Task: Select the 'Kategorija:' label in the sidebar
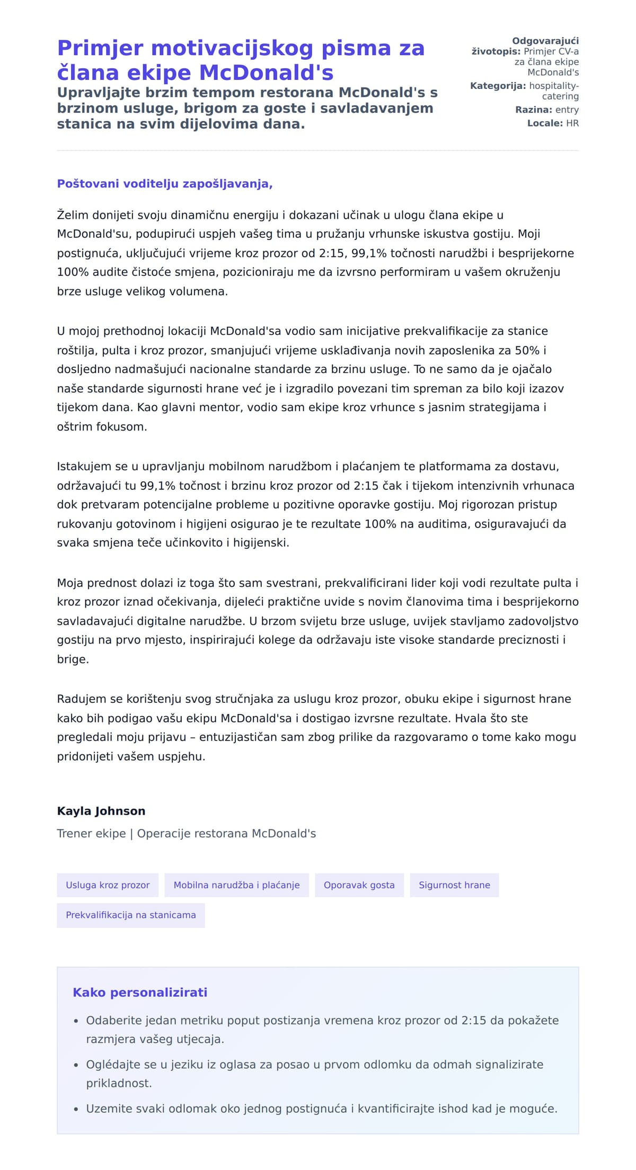click(498, 86)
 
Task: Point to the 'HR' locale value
click(572, 123)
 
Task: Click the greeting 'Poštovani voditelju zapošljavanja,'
click(165, 184)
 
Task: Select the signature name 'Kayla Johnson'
click(101, 811)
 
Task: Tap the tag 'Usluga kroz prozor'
click(108, 885)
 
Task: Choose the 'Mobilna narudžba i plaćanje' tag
click(236, 885)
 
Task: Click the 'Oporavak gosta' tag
click(359, 885)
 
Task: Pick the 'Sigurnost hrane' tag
click(454, 885)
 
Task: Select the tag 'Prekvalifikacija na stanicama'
click(130, 915)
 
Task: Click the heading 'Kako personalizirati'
click(140, 993)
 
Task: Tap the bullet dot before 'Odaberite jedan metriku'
click(76, 1021)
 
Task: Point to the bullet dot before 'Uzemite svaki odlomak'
click(76, 1109)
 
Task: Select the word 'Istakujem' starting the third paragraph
click(83, 467)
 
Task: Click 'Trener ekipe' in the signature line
click(91, 834)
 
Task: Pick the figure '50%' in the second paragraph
click(527, 351)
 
